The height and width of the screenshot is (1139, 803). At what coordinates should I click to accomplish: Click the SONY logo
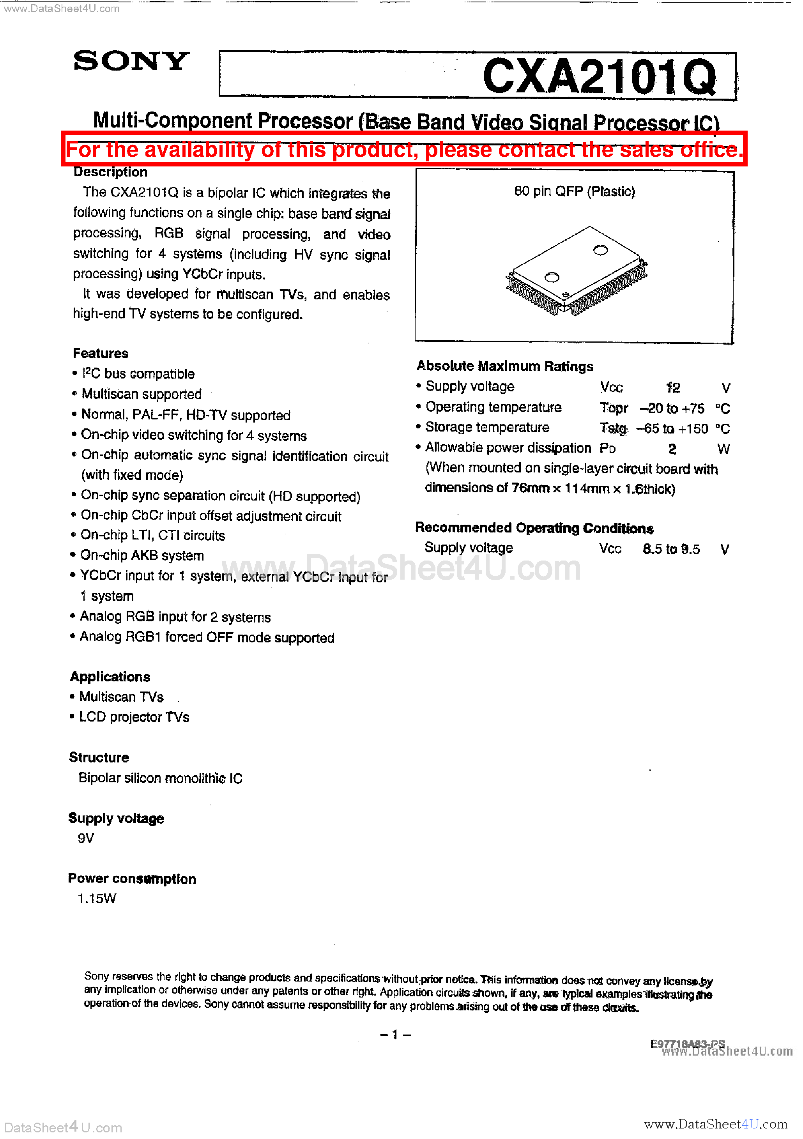point(131,61)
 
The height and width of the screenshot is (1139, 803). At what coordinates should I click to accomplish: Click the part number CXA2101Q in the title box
point(599,76)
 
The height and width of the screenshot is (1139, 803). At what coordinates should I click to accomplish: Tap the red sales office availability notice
point(404,149)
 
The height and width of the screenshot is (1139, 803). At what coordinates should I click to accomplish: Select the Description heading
point(110,172)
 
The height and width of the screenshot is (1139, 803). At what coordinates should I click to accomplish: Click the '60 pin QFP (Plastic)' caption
point(574,191)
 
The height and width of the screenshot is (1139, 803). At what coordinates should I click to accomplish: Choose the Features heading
point(101,353)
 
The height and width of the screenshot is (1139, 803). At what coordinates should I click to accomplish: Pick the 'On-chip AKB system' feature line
point(142,555)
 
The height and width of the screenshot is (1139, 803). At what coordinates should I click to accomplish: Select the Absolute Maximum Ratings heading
point(505,366)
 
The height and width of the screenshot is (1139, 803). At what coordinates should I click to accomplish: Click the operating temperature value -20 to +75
point(672,408)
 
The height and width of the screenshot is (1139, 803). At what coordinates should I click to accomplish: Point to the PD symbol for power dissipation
point(608,448)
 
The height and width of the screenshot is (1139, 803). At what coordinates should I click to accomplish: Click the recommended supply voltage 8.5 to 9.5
point(671,549)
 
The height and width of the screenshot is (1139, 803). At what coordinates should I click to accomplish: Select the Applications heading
point(110,677)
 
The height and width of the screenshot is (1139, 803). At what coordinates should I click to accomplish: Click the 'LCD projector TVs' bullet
point(134,717)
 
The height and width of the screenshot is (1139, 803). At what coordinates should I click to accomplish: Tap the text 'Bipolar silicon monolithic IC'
point(160,778)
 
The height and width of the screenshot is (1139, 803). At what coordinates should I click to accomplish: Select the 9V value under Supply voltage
point(86,838)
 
